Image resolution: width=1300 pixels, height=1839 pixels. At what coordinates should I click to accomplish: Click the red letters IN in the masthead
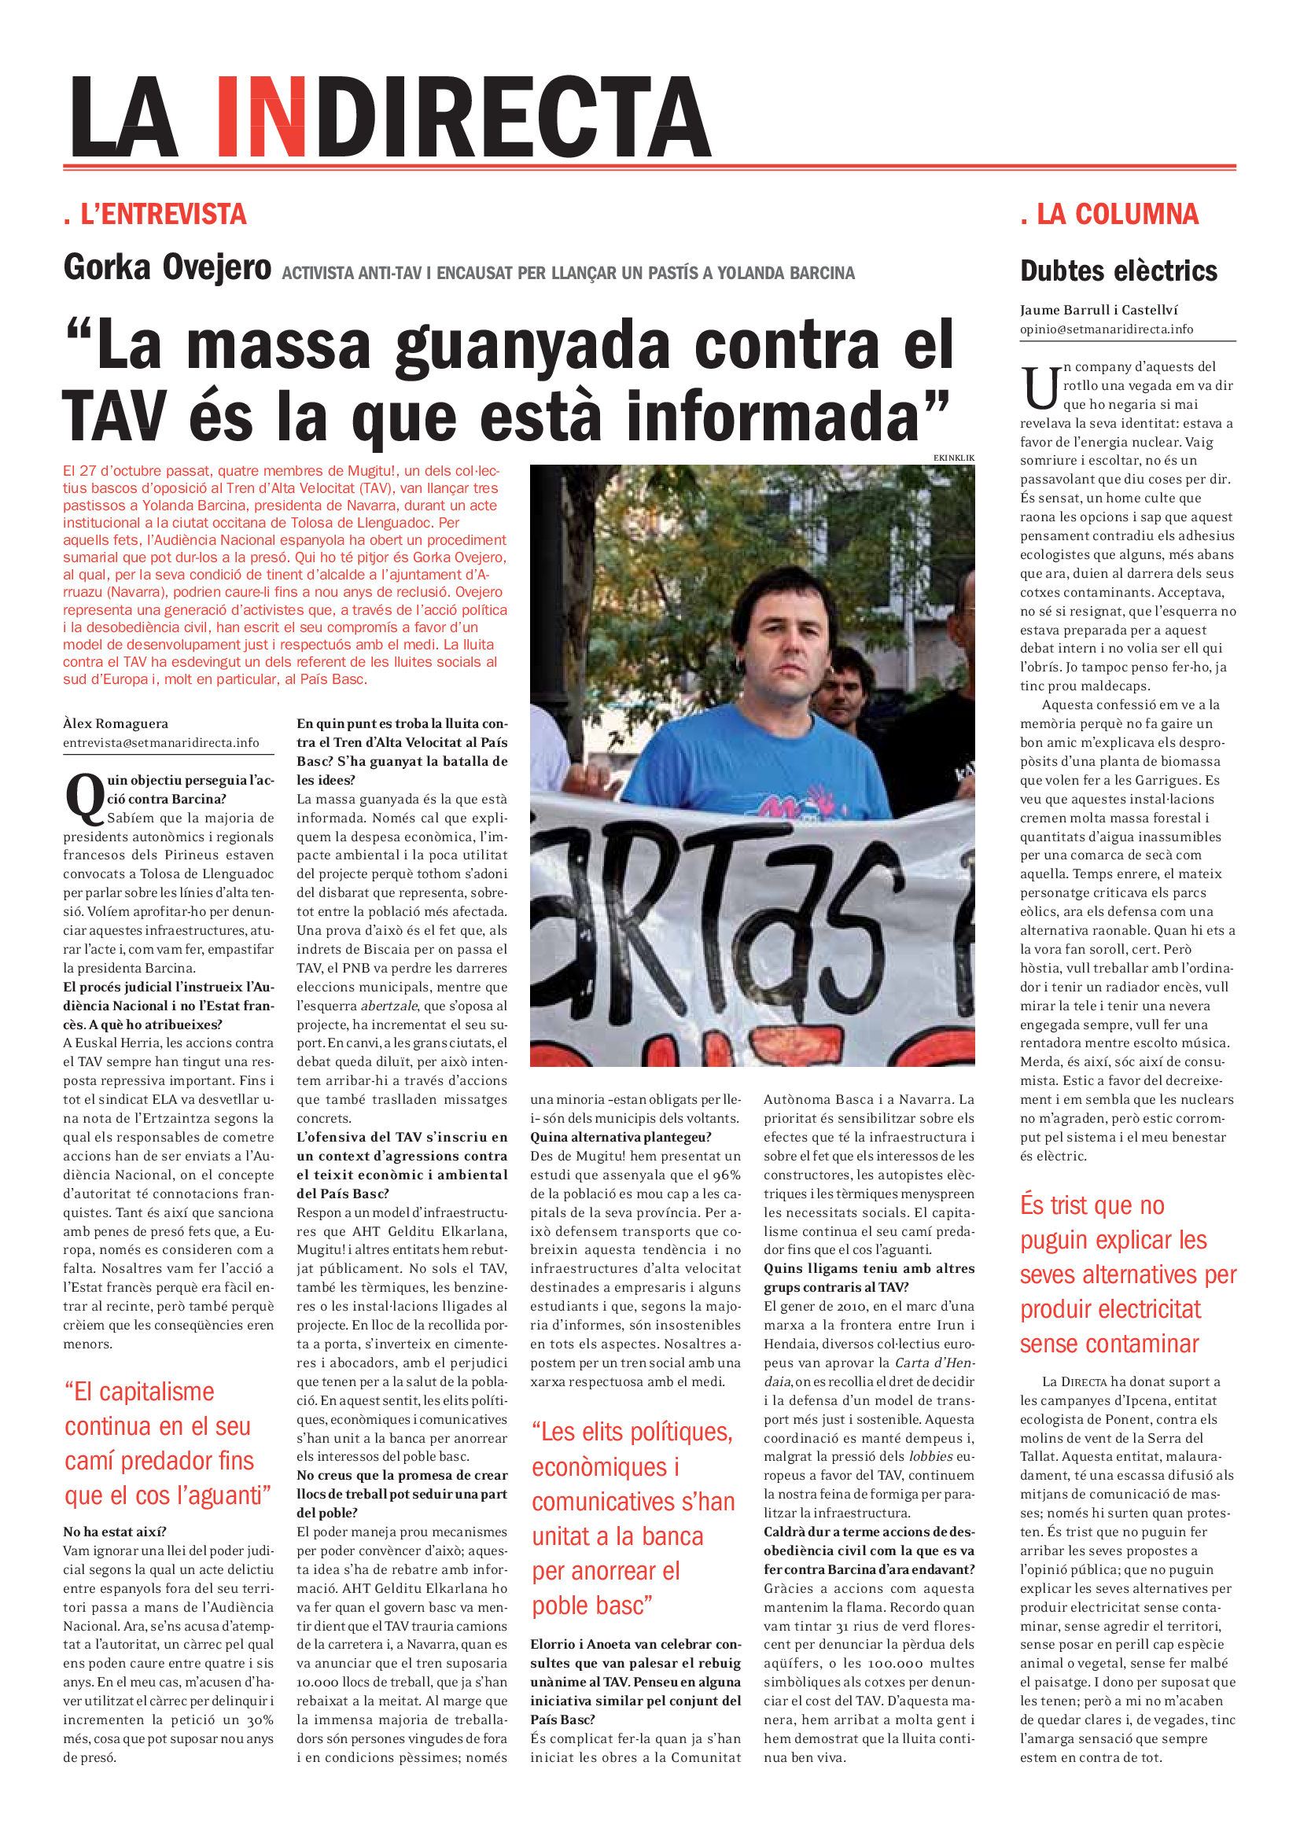pos(262,117)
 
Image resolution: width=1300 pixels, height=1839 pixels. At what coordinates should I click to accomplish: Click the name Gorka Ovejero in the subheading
pos(168,267)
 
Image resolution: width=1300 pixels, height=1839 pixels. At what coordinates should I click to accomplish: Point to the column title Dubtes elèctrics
pos(1118,271)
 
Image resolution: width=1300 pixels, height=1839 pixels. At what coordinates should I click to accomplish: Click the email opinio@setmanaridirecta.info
pos(1107,329)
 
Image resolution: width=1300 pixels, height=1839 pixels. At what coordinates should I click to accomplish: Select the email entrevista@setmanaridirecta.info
pos(161,742)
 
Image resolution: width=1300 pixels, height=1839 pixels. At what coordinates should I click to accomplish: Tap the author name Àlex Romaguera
pos(116,723)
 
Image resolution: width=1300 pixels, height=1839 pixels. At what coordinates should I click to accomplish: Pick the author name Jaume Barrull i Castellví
pos(1098,310)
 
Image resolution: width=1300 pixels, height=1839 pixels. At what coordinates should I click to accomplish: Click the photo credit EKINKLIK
pos(953,458)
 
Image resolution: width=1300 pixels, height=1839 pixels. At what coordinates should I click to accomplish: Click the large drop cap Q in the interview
pos(84,797)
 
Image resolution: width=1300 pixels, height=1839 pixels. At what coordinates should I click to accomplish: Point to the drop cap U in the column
pos(1040,387)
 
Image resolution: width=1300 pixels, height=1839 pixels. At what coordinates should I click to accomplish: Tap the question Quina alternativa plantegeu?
pos(620,1138)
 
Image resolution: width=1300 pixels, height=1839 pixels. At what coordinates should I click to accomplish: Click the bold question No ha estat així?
pos(115,1532)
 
